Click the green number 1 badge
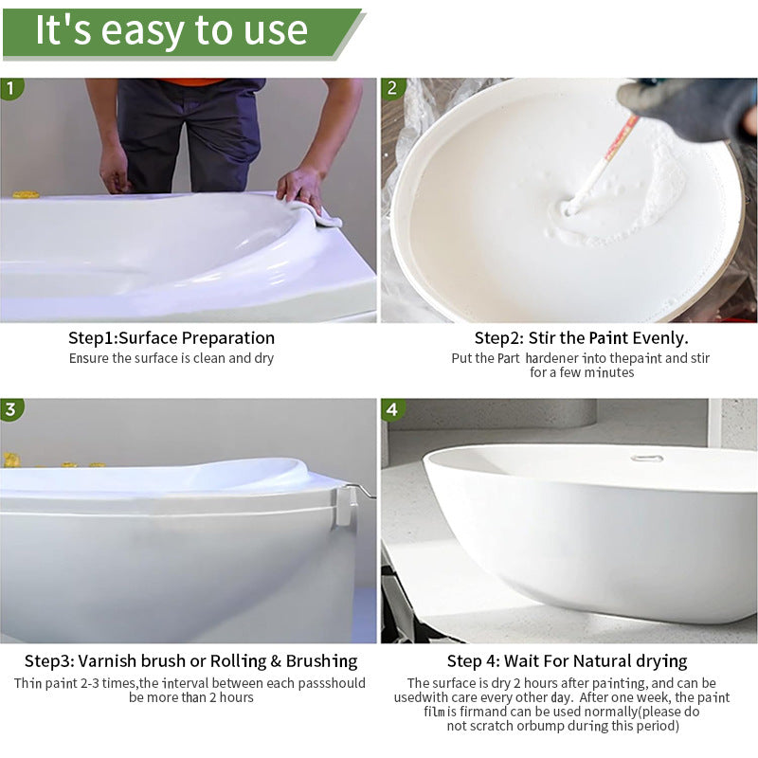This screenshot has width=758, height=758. click(x=10, y=88)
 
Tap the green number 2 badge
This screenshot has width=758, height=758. click(x=392, y=88)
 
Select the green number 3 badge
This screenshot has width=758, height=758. click(x=10, y=409)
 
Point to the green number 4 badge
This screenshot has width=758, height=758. click(x=392, y=409)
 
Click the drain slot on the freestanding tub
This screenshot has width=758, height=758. click(x=646, y=458)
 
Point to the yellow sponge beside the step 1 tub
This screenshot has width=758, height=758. click(x=26, y=194)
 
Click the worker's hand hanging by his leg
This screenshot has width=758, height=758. click(x=114, y=171)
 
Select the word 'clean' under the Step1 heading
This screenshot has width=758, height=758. click(x=209, y=358)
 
